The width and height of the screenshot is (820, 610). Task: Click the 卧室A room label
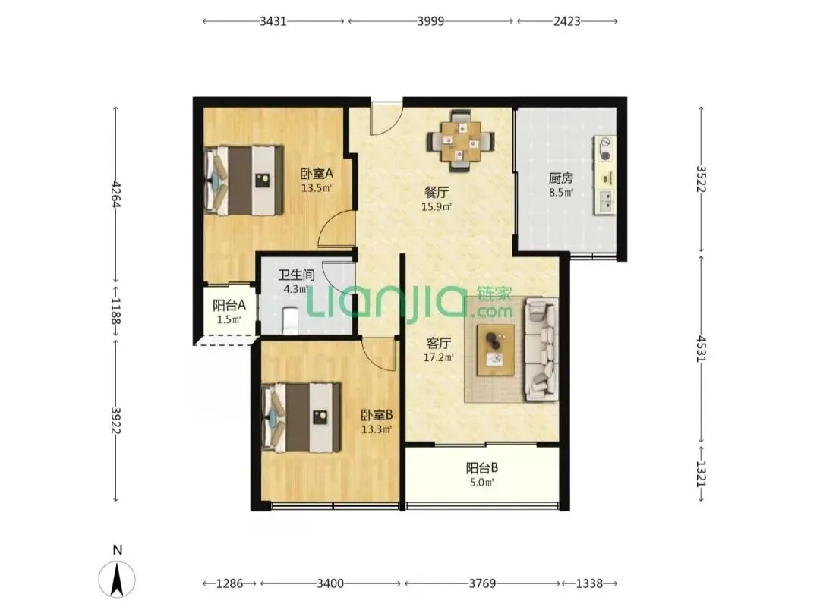(317, 173)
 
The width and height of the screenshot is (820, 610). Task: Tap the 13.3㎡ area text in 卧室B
(377, 429)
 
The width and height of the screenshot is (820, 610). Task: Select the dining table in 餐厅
(460, 140)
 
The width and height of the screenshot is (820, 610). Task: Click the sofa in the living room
(541, 349)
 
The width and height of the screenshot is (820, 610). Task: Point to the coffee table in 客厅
(495, 350)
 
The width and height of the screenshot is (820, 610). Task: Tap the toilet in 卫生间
(290, 320)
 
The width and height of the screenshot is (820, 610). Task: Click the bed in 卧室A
(243, 180)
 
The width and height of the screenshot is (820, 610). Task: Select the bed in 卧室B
(301, 417)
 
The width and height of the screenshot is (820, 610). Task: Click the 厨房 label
(560, 178)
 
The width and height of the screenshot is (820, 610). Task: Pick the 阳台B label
(481, 468)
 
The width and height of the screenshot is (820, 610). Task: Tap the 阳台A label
(229, 305)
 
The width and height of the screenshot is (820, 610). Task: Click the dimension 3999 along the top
(430, 21)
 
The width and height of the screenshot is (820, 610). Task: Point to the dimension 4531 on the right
(701, 348)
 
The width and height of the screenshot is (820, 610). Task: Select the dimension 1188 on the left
(115, 310)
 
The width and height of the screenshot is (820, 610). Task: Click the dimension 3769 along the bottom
(481, 583)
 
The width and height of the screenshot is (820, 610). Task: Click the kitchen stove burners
(605, 149)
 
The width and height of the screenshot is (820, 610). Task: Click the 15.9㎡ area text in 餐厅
(437, 206)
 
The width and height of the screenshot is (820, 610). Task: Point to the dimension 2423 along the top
(567, 21)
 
